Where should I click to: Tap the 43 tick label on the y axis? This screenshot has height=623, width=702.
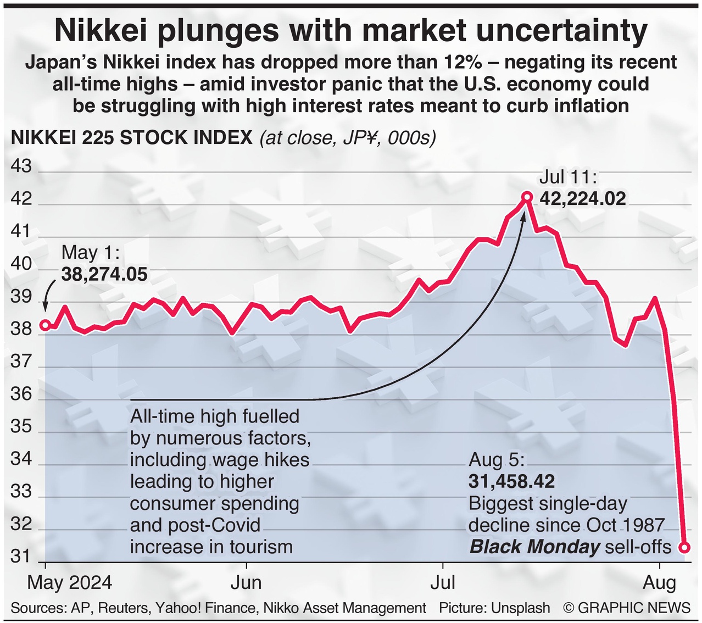coord(21,166)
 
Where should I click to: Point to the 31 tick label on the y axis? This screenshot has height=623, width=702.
coord(21,557)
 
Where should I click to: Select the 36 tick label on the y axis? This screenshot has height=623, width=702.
coord(21,394)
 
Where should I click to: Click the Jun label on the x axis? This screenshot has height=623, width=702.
coord(246,583)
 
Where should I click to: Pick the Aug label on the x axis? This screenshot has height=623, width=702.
coord(659,583)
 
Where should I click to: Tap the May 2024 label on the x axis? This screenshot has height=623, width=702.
coord(69,583)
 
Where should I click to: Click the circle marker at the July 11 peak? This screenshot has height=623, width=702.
coord(527,197)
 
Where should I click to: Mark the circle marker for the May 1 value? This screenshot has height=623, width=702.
coord(46,325)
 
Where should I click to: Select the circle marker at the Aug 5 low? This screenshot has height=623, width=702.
coord(684,547)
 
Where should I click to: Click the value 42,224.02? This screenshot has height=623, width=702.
coord(583,198)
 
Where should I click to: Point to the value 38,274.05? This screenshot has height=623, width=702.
coord(104,274)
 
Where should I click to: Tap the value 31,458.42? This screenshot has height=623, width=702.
coord(511,482)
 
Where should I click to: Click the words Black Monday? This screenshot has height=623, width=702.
coord(535,547)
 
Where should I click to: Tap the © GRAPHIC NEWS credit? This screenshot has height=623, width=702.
coord(627,608)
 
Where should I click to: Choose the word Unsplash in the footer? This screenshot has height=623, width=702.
coord(520,608)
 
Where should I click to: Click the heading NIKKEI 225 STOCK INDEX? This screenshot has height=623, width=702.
coord(132,137)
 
